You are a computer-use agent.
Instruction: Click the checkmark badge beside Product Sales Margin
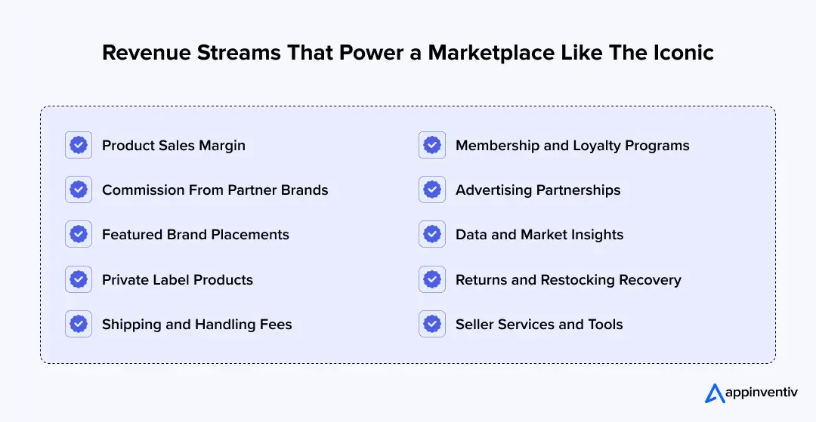pos(79,145)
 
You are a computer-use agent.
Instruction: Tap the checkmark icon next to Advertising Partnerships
pos(432,190)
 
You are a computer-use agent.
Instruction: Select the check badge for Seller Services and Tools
pos(432,325)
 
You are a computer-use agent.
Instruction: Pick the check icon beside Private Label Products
pos(79,280)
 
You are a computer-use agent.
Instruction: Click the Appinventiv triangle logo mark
pos(714,393)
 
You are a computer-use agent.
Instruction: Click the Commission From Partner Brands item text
pos(215,190)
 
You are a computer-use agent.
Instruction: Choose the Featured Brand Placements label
pos(196,235)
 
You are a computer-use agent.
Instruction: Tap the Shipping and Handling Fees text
pos(197,325)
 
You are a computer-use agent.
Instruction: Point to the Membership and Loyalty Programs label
pos(573,145)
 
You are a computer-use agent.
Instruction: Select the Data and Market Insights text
pos(539,235)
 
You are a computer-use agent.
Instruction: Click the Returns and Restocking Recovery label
pos(568,280)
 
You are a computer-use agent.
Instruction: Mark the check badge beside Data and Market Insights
pos(432,235)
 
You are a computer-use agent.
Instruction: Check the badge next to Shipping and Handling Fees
pos(79,325)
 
